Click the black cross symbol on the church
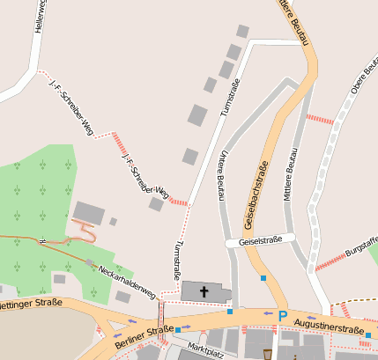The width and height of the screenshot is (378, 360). pyautogui.click(x=205, y=291)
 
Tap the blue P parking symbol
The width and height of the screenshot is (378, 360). pyautogui.click(x=283, y=316)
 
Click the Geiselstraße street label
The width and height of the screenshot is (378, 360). pyautogui.click(x=260, y=239)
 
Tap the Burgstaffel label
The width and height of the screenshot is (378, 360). pyautogui.click(x=361, y=248)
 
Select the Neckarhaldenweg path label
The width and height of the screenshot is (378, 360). pyautogui.click(x=127, y=281)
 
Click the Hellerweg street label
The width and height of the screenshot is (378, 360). pyautogui.click(x=38, y=17)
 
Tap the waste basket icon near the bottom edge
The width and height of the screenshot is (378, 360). pyautogui.click(x=268, y=354)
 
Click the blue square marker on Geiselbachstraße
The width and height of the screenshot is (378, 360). pyautogui.click(x=263, y=279)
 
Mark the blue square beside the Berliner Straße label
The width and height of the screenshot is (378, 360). pyautogui.click(x=178, y=330)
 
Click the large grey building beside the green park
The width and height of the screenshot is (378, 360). pyautogui.click(x=88, y=212)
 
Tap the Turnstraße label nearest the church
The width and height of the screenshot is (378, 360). pyautogui.click(x=179, y=254)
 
